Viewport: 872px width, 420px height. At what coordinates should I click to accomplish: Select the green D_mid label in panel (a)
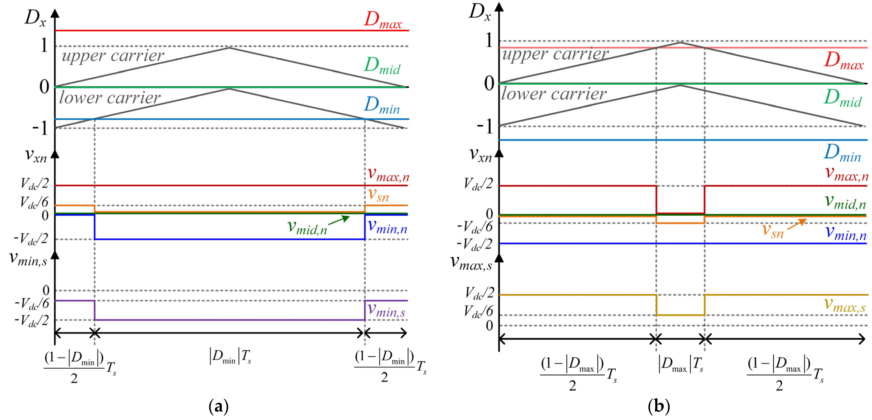click(x=382, y=65)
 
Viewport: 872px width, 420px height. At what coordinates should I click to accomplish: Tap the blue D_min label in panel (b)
click(x=842, y=153)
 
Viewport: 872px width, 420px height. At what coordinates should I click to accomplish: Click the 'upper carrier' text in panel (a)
click(x=113, y=56)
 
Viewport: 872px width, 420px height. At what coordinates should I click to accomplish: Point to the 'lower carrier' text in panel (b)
click(x=554, y=94)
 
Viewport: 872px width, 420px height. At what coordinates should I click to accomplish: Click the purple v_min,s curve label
click(x=386, y=310)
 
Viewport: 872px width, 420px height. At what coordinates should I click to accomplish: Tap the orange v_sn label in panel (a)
click(x=379, y=195)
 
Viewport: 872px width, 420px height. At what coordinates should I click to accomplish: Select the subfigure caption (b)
click(x=658, y=406)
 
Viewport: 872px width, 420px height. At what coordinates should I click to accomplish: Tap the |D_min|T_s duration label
click(x=230, y=357)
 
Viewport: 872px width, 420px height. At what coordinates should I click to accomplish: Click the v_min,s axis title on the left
click(x=28, y=259)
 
